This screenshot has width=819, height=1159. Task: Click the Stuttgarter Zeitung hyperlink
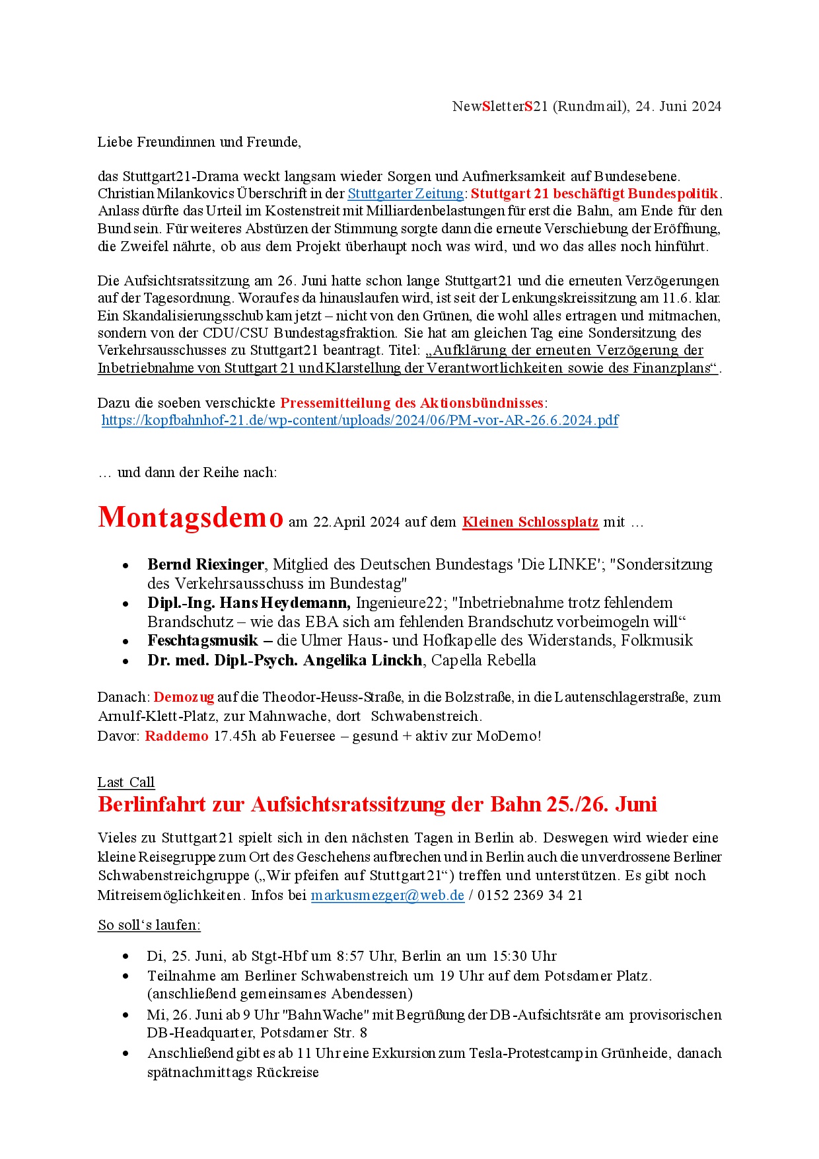(406, 194)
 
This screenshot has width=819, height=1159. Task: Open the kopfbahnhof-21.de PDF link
(360, 420)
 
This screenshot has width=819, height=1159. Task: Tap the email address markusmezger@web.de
(387, 895)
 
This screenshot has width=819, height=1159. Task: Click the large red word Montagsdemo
(190, 517)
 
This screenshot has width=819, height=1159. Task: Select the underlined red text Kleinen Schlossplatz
(530, 522)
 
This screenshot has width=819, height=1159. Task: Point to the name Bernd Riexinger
(206, 564)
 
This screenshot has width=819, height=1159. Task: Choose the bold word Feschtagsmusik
(203, 640)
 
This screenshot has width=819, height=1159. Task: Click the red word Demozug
(184, 697)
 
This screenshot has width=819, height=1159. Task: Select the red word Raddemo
(176, 736)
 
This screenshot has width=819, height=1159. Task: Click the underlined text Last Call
(126, 782)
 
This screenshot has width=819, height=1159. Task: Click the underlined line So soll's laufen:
(149, 925)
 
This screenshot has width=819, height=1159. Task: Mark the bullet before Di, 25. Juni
(125, 956)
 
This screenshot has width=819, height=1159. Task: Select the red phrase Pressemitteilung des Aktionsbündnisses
(411, 403)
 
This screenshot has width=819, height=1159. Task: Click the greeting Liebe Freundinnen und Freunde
(199, 142)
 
